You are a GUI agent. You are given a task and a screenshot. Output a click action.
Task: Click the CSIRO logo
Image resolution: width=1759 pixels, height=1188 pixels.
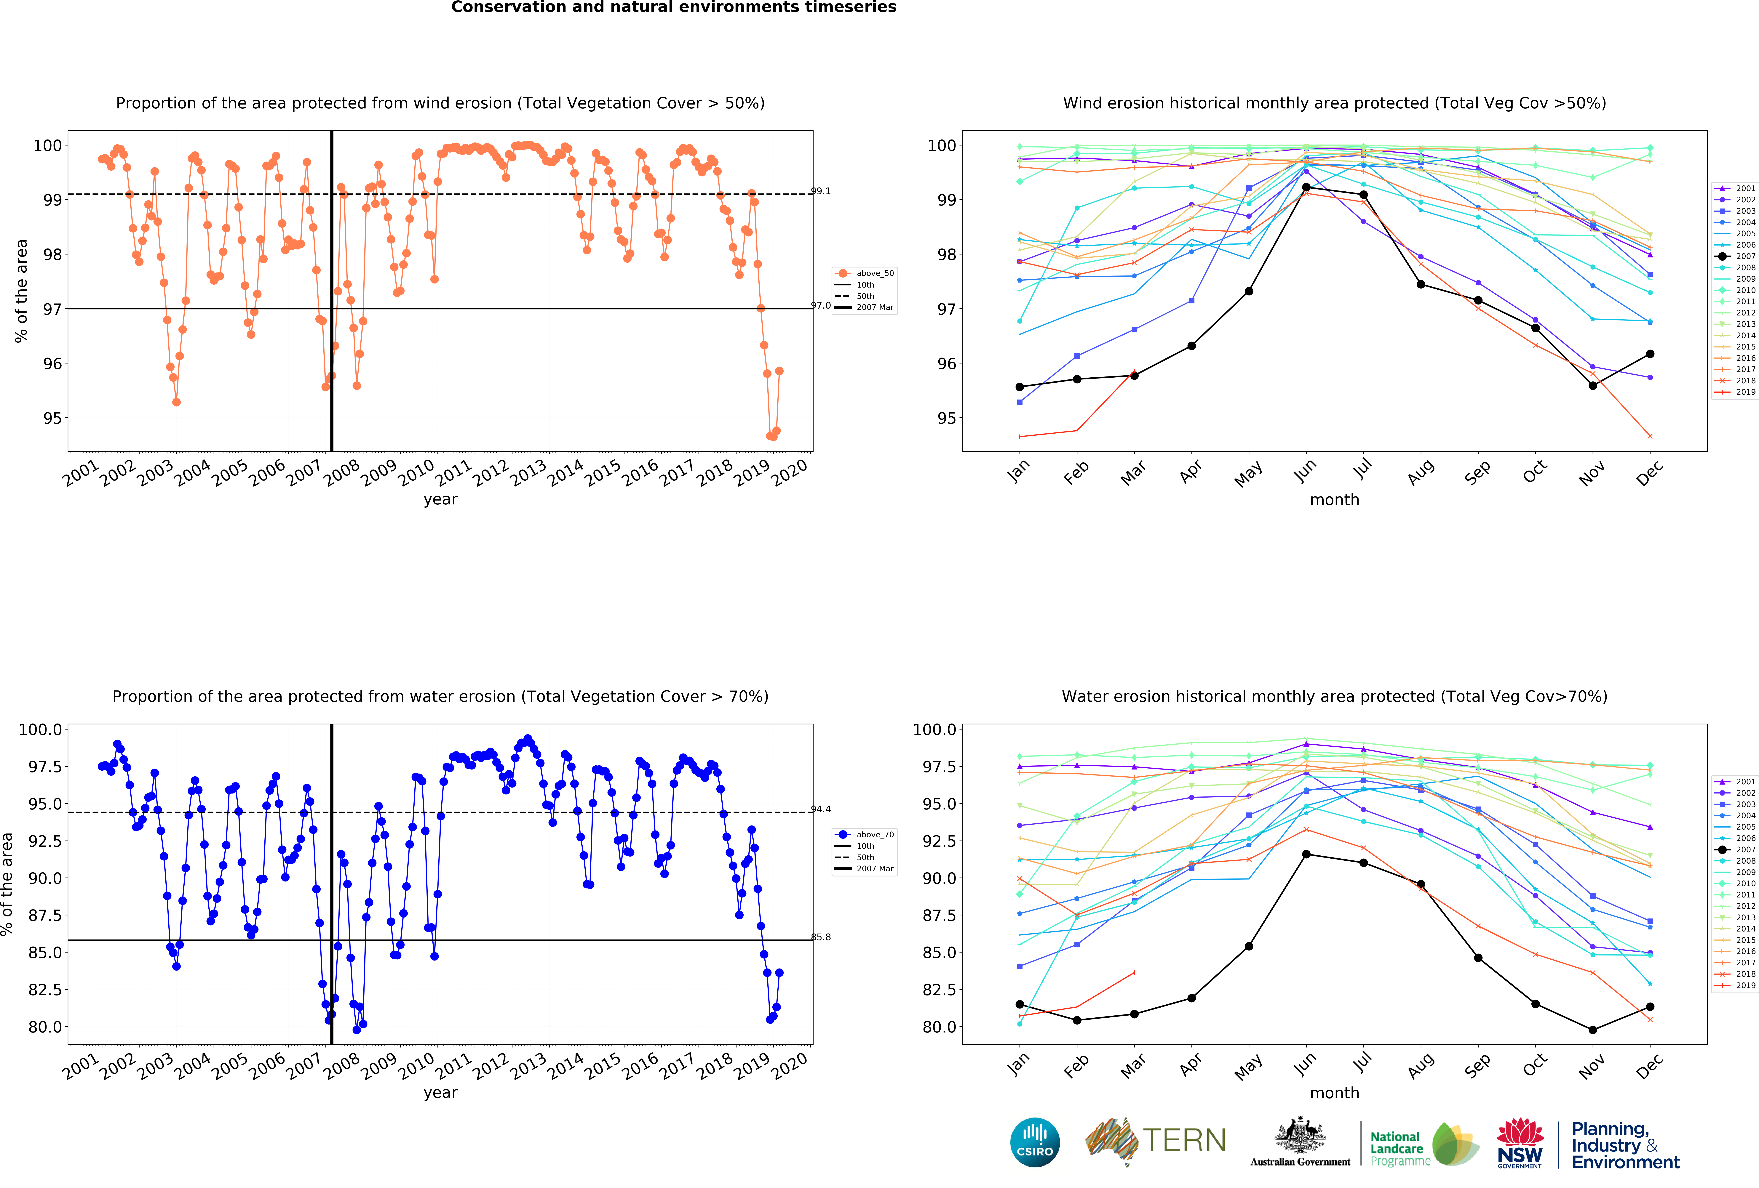1035,1142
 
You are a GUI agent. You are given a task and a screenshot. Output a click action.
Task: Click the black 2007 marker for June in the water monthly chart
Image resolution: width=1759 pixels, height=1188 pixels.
1306,854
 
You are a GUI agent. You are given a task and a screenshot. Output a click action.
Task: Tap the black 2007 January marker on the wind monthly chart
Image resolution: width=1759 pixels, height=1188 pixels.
1020,387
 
